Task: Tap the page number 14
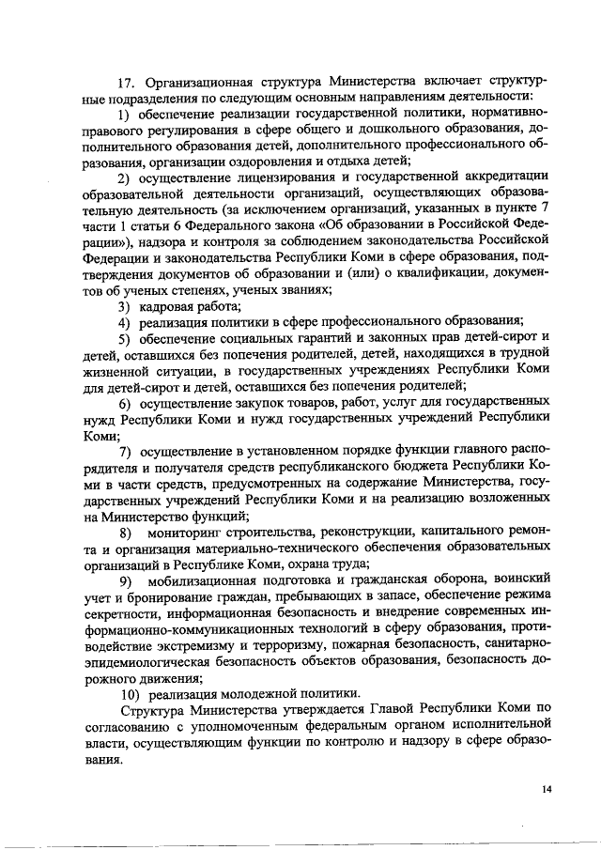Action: click(546, 789)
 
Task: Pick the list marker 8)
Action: click(125, 532)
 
